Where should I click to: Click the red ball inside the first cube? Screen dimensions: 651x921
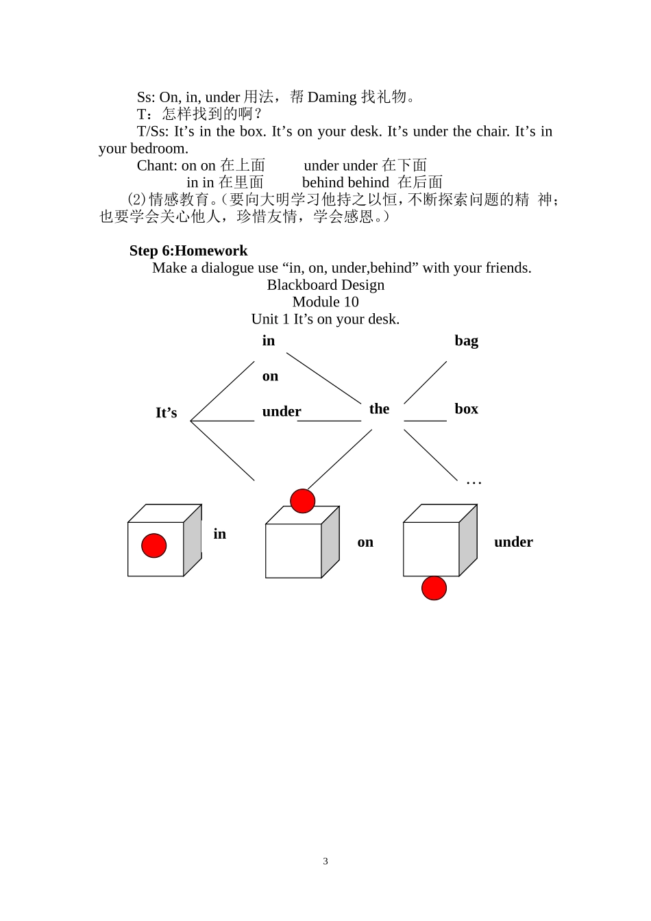153,545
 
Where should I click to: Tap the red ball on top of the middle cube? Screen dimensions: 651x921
303,501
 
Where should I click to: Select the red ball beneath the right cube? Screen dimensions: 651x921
434,588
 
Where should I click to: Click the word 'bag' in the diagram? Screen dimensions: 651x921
467,341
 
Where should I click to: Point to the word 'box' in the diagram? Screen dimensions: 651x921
467,408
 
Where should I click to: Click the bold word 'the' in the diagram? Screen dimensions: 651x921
379,408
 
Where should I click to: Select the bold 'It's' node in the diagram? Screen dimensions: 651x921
166,413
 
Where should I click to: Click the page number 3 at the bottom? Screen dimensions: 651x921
325,861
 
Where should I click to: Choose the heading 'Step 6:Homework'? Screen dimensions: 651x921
188,250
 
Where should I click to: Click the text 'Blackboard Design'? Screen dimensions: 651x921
325,285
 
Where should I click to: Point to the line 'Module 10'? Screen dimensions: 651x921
325,302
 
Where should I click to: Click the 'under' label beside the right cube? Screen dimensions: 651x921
513,542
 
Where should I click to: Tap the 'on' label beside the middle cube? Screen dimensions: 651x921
365,542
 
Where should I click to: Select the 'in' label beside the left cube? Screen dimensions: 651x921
219,534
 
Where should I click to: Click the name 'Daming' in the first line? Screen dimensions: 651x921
332,97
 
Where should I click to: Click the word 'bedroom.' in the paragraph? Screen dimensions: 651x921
159,149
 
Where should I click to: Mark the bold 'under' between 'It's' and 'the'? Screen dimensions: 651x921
281,411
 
